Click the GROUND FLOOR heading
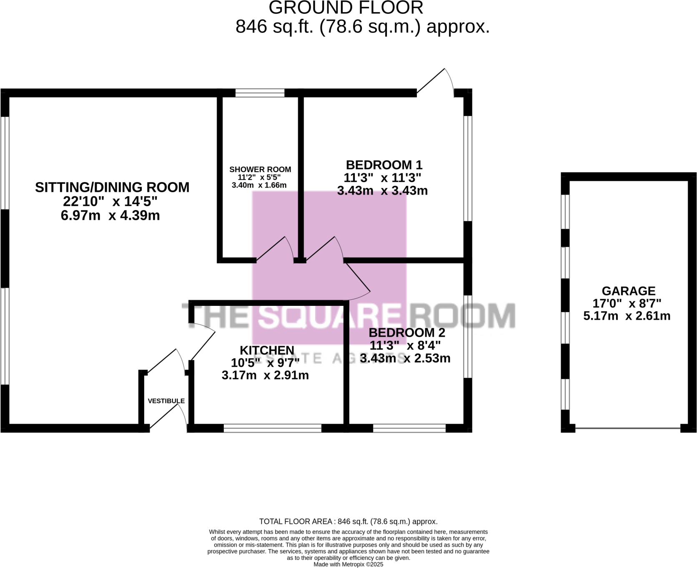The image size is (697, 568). pos(346,8)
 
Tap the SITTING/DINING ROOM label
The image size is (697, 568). pos(112,188)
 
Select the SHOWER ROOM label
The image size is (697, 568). pos(260,169)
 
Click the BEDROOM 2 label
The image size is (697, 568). pos(406,333)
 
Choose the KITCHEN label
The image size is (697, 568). pos(267,350)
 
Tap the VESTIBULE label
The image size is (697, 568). pos(166,401)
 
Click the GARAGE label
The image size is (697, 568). pos(628,291)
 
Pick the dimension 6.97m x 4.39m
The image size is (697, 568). pos(110,215)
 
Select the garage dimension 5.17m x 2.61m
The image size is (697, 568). pos(627,316)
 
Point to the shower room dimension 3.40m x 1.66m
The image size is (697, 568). pos(259,185)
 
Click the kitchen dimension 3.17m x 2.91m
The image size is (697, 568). pos(265,375)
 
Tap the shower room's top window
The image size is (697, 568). pos(260,93)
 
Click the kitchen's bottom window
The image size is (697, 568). pos(272,428)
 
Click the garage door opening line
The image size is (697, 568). pos(627,428)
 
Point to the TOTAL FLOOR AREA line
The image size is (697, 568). pos(348,521)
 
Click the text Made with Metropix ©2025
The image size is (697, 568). pos(348,564)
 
